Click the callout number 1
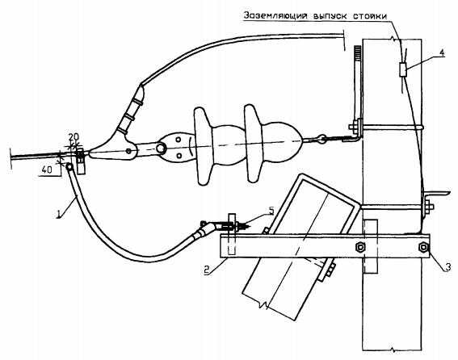coord(59,215)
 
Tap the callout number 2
coord(207,270)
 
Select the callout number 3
coord(447,267)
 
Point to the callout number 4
coord(442,53)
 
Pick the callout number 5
coord(271,211)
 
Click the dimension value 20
coord(74,137)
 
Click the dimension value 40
coord(47,170)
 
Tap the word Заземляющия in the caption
coord(275,15)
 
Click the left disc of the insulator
coord(203,146)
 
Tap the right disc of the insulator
coord(253,144)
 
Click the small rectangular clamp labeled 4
coord(403,69)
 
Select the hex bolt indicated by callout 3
coord(423,247)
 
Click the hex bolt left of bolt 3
coord(360,247)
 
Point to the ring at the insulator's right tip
coord(322,138)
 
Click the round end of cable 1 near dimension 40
coord(69,167)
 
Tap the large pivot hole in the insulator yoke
coord(160,148)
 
